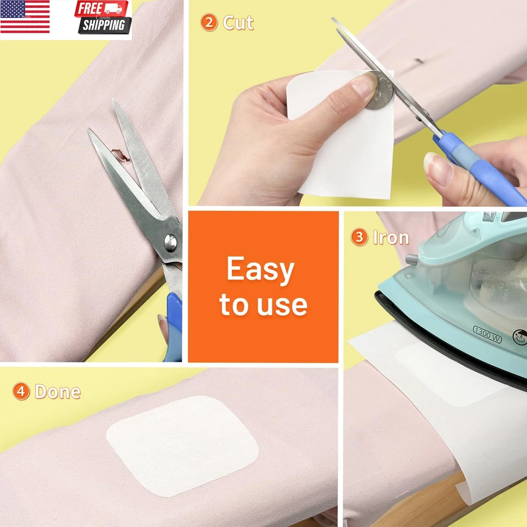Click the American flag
pyautogui.click(x=25, y=17)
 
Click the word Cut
pyautogui.click(x=238, y=23)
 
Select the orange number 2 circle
pyautogui.click(x=209, y=23)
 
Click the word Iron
pyautogui.click(x=391, y=238)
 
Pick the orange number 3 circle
pyautogui.click(x=359, y=237)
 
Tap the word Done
pyautogui.click(x=58, y=392)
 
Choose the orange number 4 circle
pyautogui.click(x=21, y=392)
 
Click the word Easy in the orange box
pyautogui.click(x=260, y=269)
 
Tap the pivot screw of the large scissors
pyautogui.click(x=170, y=243)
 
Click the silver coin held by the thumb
pyautogui.click(x=380, y=91)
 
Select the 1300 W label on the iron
pyautogui.click(x=487, y=334)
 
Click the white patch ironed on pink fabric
pyautogui.click(x=182, y=446)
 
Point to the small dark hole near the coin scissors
pyautogui.click(x=418, y=61)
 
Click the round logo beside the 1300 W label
pyautogui.click(x=520, y=337)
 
